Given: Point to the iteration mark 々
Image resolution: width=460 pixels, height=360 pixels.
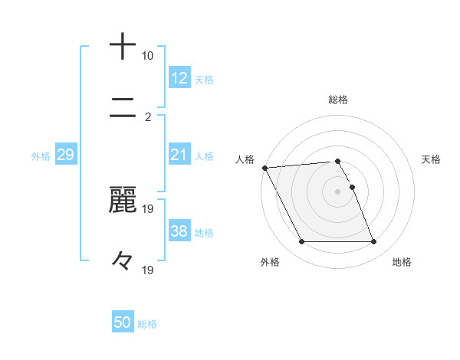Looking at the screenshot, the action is [122, 262].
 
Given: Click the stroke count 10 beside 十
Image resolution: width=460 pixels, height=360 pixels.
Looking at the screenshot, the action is [147, 56].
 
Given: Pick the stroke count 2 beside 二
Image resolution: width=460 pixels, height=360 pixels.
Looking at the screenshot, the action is [148, 117].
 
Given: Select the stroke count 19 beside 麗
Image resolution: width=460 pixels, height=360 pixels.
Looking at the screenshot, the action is [148, 208].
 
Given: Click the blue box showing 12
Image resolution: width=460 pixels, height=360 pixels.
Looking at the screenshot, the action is [179, 78].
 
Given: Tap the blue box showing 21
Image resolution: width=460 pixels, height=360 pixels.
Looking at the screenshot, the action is [179, 155].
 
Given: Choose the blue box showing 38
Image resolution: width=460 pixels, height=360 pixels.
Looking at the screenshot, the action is [179, 231].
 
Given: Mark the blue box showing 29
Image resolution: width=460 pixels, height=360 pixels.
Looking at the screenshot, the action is [65, 155].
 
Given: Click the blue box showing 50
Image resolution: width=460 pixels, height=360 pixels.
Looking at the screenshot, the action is [122, 322].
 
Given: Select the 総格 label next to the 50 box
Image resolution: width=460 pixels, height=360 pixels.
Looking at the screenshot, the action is [147, 324].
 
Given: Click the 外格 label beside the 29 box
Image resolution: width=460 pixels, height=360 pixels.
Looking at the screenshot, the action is [41, 156].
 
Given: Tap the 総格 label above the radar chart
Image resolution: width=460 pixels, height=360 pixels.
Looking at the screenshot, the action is [337, 100].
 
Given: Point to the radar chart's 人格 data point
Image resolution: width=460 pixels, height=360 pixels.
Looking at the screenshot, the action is [264, 168].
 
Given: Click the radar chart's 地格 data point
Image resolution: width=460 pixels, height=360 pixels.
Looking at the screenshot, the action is [373, 242].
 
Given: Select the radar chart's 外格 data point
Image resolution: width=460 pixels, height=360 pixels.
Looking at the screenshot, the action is [301, 242].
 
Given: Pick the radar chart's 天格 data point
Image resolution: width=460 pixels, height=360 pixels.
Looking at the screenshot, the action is [352, 187].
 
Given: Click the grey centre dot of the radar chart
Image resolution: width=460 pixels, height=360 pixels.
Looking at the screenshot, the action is [337, 191].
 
